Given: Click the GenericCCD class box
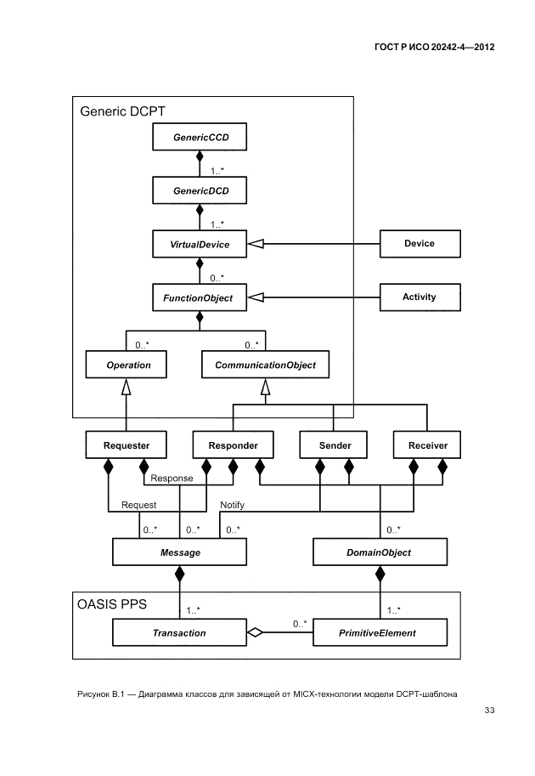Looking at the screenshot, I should pos(200,137).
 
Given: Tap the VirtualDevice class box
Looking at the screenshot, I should pos(200,244).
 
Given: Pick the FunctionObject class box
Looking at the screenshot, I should pos(200,298).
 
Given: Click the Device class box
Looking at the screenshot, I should pos(420,244).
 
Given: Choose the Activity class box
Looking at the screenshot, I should pos(420,297).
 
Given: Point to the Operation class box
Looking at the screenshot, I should pos(126,365).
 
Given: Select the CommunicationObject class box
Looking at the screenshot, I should pos(265,365).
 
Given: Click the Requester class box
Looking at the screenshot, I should pos(126,445).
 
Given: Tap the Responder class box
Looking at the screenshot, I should pos(232,445).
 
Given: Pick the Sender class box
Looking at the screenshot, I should pos(335,445).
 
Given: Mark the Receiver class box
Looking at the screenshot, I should pos(427,445).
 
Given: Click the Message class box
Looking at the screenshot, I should pos(180,553).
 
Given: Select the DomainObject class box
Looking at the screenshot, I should pos(380,553).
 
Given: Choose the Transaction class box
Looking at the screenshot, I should pos(179,633).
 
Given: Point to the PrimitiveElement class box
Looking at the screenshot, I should pos(380,633).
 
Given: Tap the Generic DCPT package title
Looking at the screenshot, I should pos(122,110).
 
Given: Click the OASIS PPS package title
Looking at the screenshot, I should pos(112,605).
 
